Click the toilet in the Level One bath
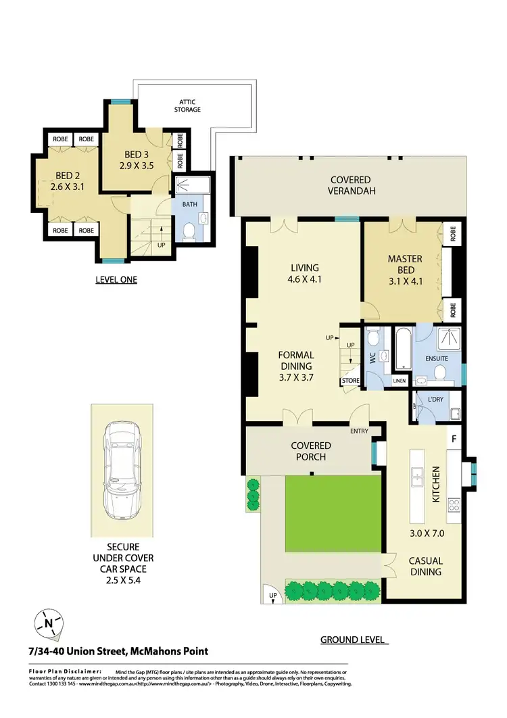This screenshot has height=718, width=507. (189, 232)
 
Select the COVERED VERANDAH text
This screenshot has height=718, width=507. (350, 185)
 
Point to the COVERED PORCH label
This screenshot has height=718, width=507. (311, 451)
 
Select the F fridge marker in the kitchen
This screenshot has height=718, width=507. (455, 439)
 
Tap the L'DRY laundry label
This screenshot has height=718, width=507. (437, 399)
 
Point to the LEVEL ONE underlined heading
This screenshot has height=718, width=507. (116, 279)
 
